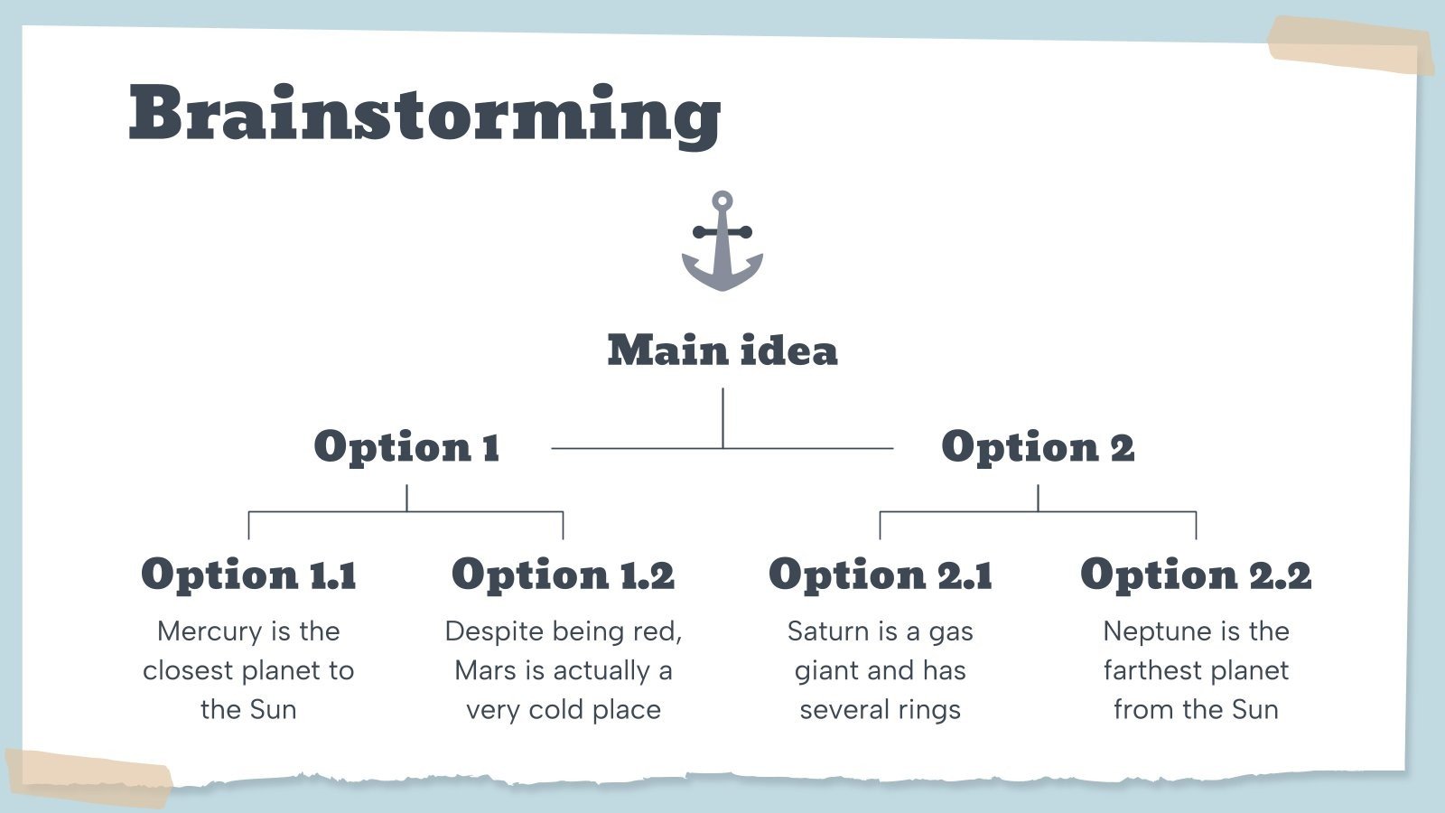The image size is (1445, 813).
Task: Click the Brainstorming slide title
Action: click(x=424, y=113)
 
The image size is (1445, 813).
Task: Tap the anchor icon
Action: click(x=722, y=242)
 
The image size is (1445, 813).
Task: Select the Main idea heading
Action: click(x=722, y=350)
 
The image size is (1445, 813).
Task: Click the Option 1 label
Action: click(x=406, y=446)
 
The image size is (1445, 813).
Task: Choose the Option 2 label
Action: click(x=1038, y=446)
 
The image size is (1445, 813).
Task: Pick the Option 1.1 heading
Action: click(x=248, y=575)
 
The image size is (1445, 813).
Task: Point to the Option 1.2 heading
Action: click(x=563, y=575)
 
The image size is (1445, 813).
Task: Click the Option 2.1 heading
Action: click(x=881, y=575)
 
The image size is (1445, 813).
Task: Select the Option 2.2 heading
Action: click(x=1196, y=575)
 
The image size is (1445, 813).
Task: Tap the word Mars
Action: click(x=486, y=670)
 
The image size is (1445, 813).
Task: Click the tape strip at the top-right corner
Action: click(x=1350, y=45)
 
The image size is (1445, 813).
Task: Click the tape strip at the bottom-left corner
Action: click(x=89, y=775)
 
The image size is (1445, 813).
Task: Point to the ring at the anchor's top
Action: click(x=722, y=201)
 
